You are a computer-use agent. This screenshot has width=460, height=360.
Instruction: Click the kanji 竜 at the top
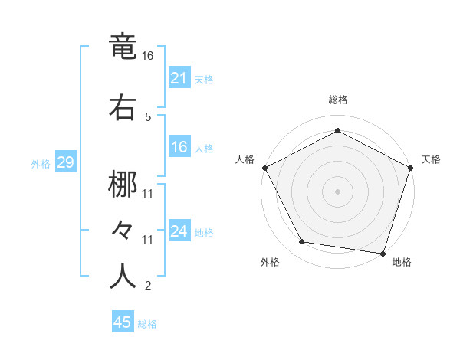(x=123, y=47)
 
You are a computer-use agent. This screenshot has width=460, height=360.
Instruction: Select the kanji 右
(x=123, y=106)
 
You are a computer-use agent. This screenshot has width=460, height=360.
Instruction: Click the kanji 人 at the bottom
(x=123, y=276)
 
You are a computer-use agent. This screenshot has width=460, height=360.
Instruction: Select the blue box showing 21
(x=179, y=78)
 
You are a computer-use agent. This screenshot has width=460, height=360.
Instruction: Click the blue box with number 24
(x=179, y=231)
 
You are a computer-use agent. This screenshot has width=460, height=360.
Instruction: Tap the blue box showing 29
(x=64, y=162)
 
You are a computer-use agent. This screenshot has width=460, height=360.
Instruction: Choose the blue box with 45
(x=123, y=322)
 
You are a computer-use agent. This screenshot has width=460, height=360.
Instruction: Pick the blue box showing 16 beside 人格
(x=179, y=148)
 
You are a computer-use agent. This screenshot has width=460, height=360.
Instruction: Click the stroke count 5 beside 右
(x=148, y=116)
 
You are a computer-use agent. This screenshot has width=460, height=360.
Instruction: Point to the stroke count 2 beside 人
(x=148, y=286)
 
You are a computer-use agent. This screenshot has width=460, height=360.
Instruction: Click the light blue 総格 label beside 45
(x=147, y=324)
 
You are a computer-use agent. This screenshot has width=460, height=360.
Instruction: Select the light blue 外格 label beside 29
(x=40, y=164)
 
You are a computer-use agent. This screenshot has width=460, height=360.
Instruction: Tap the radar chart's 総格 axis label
(x=337, y=100)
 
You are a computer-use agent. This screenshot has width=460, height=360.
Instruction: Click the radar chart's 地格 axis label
(x=402, y=263)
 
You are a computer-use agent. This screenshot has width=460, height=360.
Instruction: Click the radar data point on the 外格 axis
(x=302, y=242)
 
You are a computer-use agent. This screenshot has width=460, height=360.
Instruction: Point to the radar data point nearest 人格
(x=264, y=167)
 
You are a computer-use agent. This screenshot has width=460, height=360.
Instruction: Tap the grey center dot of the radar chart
(x=337, y=191)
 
